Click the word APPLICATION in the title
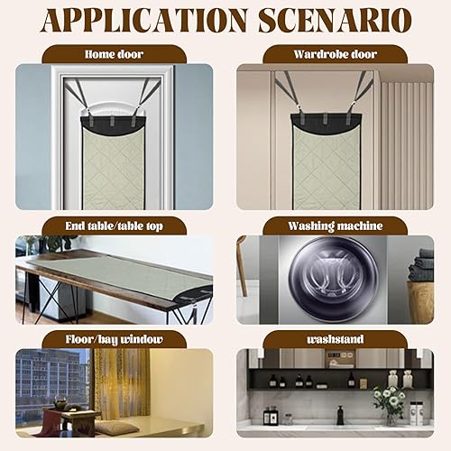pos(144,21)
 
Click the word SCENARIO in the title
pos(335,21)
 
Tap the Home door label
pos(114,54)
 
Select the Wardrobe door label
pos(336,54)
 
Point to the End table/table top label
pos(114,226)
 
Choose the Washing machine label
pos(336,226)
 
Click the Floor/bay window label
pos(114,339)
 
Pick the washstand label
pos(336,339)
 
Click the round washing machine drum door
pos(334,277)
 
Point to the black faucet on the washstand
pos(340,415)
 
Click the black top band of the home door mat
pos(113,124)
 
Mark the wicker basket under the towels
pos(421,302)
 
